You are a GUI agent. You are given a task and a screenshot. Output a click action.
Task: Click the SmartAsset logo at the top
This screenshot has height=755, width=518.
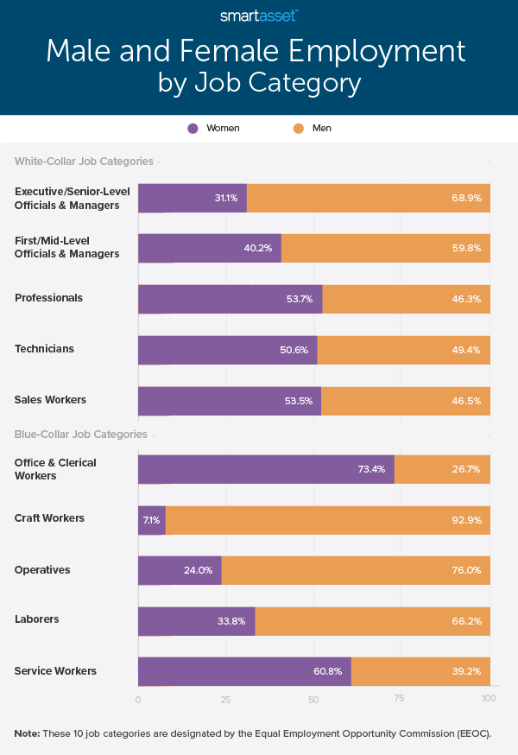[259, 15]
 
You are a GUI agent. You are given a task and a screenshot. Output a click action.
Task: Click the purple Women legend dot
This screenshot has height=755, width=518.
[193, 128]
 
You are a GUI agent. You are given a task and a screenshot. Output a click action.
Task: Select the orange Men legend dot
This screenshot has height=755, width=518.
[298, 128]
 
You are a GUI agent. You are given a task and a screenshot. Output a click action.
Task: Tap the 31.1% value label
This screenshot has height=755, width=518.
[226, 198]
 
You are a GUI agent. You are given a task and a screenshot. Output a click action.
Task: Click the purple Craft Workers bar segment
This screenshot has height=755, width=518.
[152, 520]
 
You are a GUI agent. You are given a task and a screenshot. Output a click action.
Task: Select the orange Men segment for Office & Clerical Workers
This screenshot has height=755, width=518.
[442, 469]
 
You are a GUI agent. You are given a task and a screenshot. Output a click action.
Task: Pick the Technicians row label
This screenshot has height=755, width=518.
[44, 349]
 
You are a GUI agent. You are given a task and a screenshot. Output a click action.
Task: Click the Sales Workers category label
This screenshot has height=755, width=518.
[49, 400]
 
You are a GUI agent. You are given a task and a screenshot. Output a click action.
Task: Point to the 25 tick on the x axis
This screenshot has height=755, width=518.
[226, 699]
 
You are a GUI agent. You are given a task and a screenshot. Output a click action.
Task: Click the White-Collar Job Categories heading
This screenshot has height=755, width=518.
[84, 162]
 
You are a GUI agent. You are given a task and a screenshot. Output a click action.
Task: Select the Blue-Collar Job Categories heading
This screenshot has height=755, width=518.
[81, 434]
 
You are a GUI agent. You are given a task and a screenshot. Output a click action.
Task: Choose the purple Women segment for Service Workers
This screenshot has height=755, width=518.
[244, 671]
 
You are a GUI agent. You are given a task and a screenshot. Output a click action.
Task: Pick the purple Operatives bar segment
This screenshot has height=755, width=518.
[180, 570]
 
